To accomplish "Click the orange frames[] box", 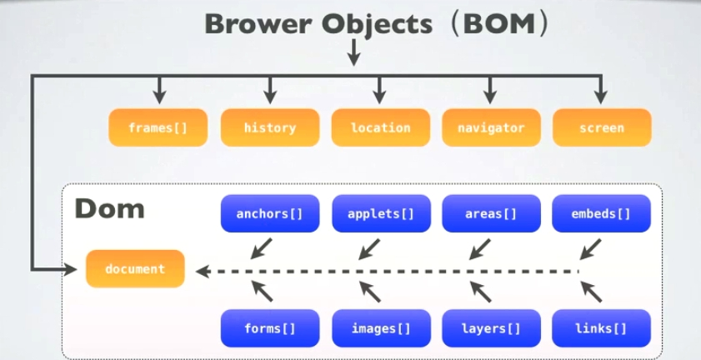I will pyautogui.click(x=158, y=128).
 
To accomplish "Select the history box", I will pyautogui.click(x=269, y=128).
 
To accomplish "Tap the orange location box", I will pyautogui.click(x=380, y=128).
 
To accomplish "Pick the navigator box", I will pyautogui.click(x=491, y=128).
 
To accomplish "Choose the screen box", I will pyautogui.click(x=601, y=128).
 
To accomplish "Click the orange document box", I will pyautogui.click(x=135, y=269).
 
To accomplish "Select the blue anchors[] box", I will pyautogui.click(x=269, y=214).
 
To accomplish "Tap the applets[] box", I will pyautogui.click(x=381, y=214).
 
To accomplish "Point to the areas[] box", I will pyautogui.click(x=491, y=214).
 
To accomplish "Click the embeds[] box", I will pyautogui.click(x=601, y=214).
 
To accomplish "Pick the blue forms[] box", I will pyautogui.click(x=269, y=328).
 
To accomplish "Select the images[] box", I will pyautogui.click(x=381, y=328).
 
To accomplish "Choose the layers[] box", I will pyautogui.click(x=491, y=328).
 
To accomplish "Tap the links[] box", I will pyautogui.click(x=601, y=328).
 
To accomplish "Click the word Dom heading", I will pyautogui.click(x=109, y=208).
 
